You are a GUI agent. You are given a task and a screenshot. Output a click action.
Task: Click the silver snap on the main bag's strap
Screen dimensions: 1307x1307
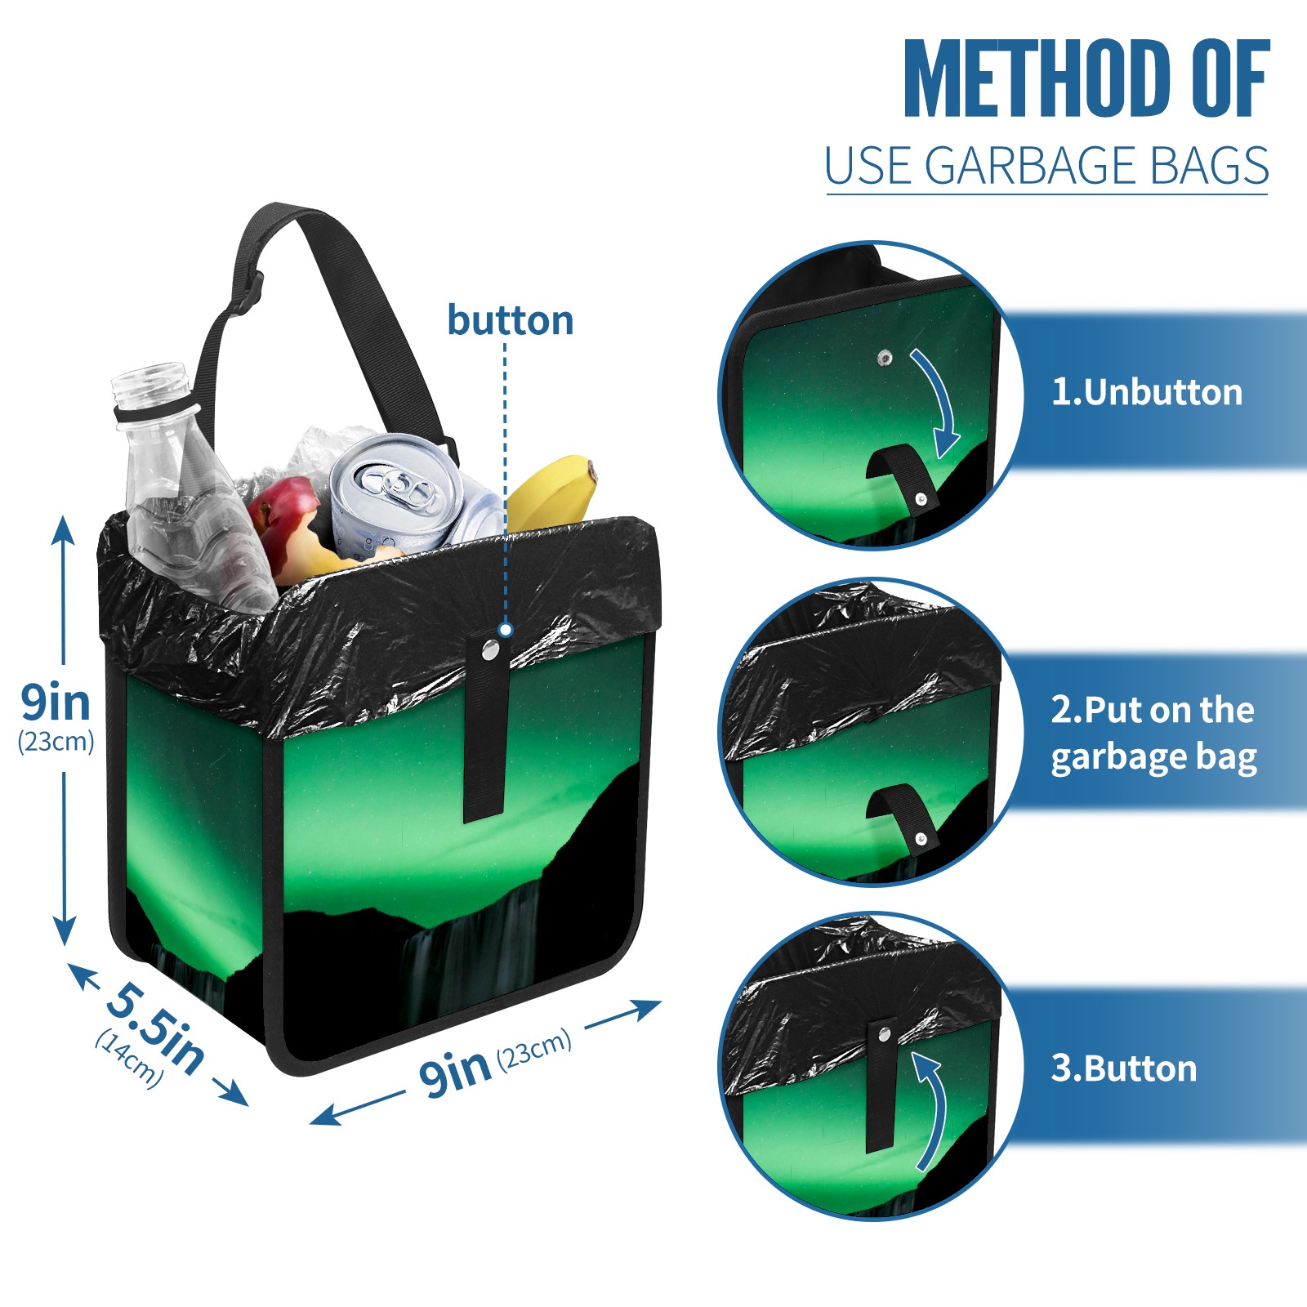click(490, 650)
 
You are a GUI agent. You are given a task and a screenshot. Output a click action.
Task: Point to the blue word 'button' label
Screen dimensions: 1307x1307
click(510, 319)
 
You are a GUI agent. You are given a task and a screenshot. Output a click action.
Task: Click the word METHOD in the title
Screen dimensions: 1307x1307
click(1037, 78)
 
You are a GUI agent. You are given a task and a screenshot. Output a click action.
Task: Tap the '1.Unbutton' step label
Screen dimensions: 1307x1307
click(1146, 392)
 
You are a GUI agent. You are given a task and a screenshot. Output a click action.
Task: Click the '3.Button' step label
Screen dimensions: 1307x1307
click(1123, 1068)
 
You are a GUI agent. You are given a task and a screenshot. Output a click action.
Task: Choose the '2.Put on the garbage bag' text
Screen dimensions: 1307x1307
click(1153, 733)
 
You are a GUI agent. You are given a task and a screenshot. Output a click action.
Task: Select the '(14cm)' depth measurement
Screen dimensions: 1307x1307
click(129, 1059)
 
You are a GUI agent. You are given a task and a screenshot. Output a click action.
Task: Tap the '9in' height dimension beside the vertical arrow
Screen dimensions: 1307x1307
click(55, 703)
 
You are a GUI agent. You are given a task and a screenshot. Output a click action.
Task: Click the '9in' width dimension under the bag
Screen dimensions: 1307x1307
click(454, 1072)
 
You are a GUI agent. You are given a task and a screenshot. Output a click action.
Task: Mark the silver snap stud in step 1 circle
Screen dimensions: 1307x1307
click(885, 358)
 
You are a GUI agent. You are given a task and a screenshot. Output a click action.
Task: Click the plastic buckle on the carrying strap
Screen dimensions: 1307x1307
click(248, 297)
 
